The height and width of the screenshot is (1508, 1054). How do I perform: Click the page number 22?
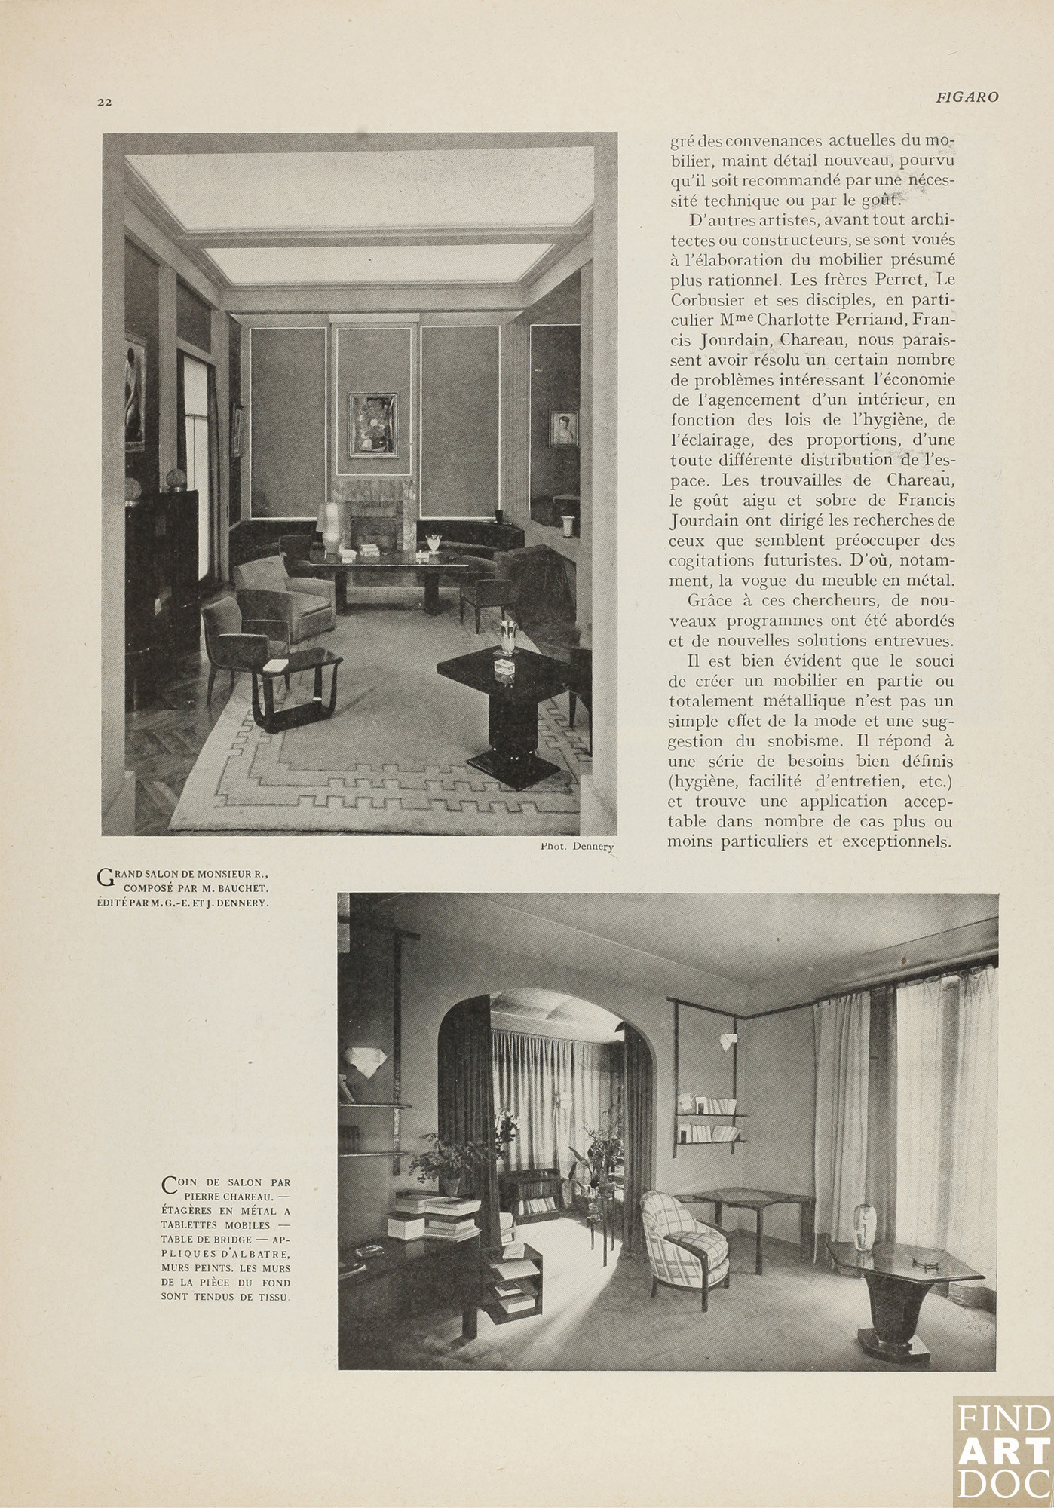pos(104,103)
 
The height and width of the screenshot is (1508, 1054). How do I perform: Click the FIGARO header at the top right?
pos(967,97)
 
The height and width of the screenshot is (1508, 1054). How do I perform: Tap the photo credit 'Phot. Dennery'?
pos(577,846)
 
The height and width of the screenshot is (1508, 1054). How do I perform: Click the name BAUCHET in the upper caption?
pos(243,888)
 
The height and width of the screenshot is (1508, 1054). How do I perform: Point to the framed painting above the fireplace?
pos(372,425)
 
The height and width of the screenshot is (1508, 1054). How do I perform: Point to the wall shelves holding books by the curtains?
pos(710,1119)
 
